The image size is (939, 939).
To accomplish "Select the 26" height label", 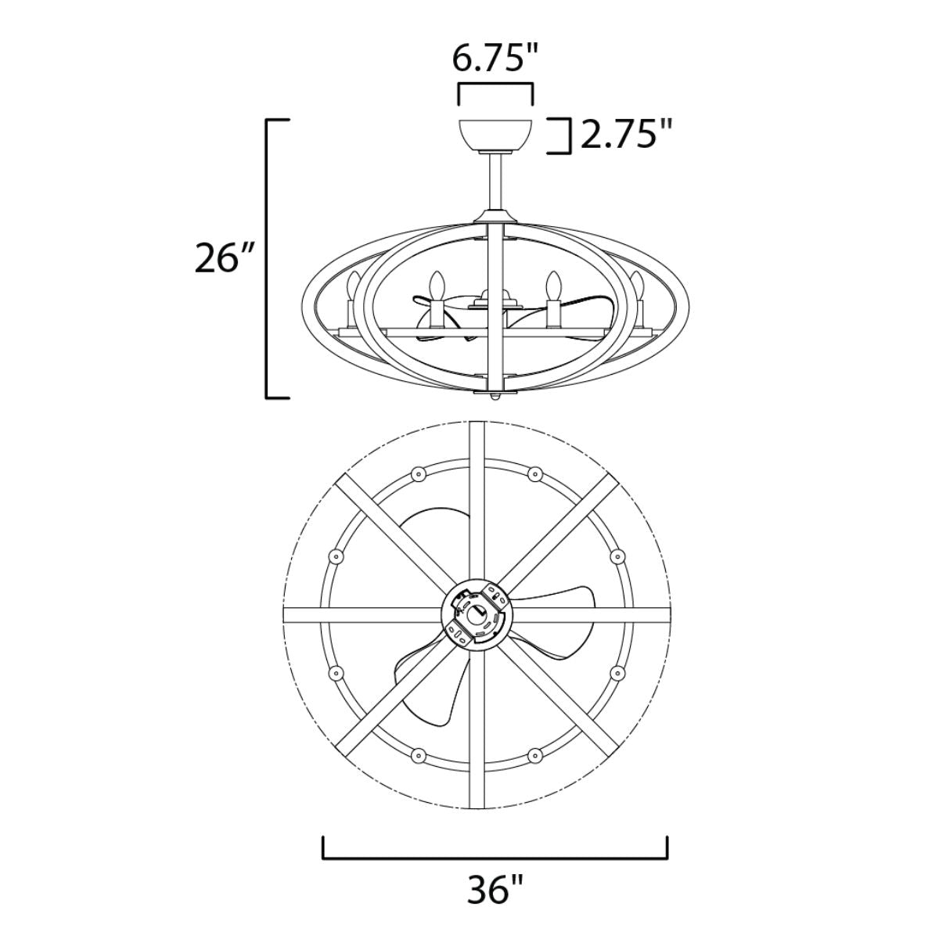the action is (224, 258).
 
